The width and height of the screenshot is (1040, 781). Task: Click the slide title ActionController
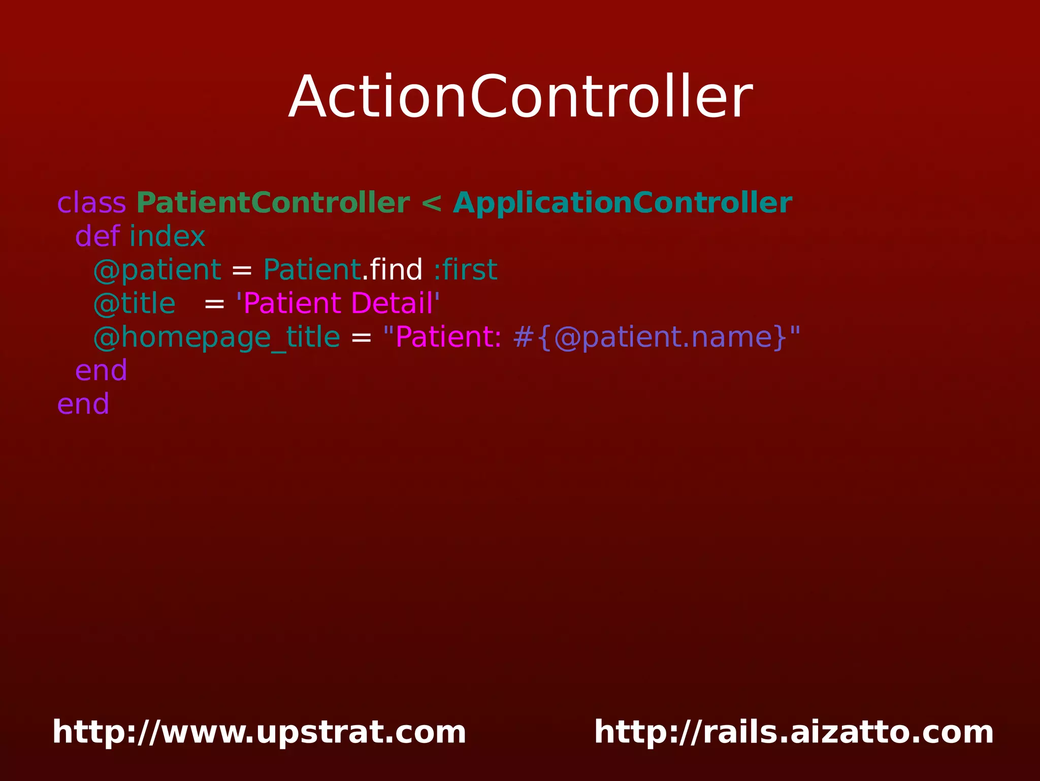520,97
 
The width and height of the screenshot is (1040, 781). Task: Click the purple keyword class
91,203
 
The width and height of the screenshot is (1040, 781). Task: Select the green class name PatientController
273,203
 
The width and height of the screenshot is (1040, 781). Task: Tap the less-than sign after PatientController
431,203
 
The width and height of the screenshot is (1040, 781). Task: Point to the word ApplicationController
622,203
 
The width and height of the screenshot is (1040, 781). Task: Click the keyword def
97,237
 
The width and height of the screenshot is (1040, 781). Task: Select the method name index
167,237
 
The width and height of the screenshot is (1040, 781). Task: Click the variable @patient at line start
157,270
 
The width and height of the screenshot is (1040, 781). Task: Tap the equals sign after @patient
242,270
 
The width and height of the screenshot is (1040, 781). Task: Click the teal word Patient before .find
312,270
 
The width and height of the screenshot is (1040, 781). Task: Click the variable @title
135,304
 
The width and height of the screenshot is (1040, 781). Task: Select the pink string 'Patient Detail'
338,304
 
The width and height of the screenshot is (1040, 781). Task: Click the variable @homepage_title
217,337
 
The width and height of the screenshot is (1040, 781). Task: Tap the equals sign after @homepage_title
361,337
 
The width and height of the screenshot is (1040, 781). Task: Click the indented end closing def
101,371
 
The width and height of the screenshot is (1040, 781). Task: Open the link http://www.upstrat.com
259,732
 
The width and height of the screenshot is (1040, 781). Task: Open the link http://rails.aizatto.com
794,732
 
